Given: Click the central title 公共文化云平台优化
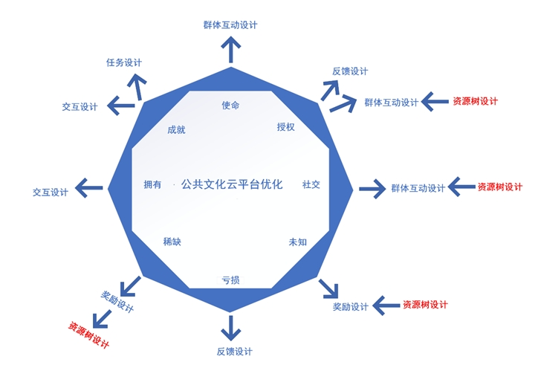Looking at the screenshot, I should pyautogui.click(x=231, y=184).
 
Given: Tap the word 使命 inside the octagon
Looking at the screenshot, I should pyautogui.click(x=230, y=105).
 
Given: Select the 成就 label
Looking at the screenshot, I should pyautogui.click(x=176, y=129).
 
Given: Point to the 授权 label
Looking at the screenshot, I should pyautogui.click(x=285, y=127).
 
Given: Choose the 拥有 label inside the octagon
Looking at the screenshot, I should pyautogui.click(x=152, y=185).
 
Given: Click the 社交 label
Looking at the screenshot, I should pyautogui.click(x=311, y=184).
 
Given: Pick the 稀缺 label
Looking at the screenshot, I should pyautogui.click(x=172, y=242).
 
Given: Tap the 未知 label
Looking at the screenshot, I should pyautogui.click(x=297, y=242).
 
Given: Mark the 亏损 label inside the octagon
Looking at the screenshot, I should pyautogui.click(x=230, y=280).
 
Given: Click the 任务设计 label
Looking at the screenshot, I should pyautogui.click(x=124, y=62).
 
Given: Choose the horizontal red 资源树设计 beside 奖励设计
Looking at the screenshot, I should pyautogui.click(x=425, y=305).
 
